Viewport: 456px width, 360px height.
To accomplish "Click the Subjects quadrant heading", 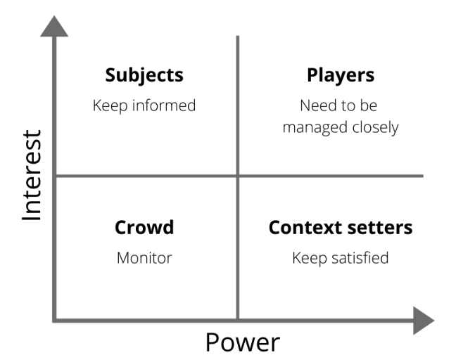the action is (x=144, y=75).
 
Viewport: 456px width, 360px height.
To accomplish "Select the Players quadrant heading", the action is (x=341, y=75).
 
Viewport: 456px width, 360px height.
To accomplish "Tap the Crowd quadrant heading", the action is (x=144, y=227).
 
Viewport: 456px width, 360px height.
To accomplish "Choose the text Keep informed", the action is (x=144, y=105).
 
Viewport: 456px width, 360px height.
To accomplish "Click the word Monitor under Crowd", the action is (x=144, y=258).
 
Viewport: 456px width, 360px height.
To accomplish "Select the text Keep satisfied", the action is (x=341, y=258).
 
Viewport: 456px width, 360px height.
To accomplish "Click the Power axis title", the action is (x=243, y=343).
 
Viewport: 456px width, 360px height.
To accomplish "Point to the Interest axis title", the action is (x=32, y=175).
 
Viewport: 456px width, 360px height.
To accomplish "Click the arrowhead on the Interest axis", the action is (x=54, y=27).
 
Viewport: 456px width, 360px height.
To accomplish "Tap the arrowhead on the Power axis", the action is (x=423, y=321).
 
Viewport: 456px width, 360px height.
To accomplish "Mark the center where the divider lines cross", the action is (x=238, y=176).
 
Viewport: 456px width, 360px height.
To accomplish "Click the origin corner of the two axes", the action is (x=54, y=321).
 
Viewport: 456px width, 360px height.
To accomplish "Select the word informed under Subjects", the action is (x=164, y=105).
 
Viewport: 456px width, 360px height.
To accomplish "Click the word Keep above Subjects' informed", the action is (x=110, y=106).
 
